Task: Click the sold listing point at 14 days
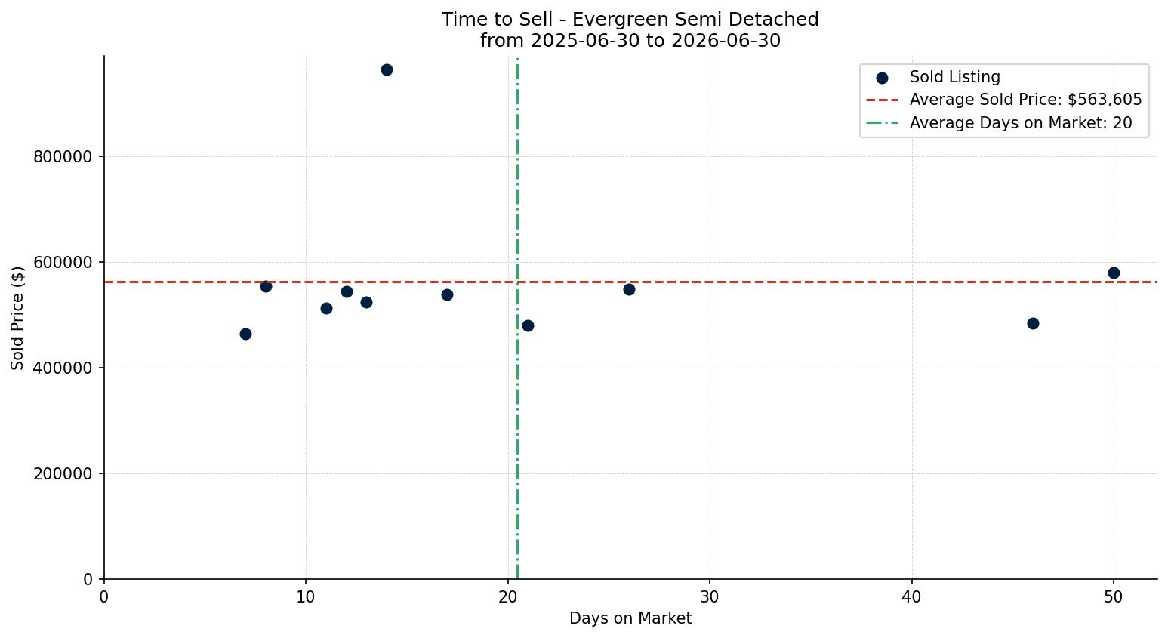[x=387, y=70]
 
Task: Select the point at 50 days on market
[x=1114, y=273]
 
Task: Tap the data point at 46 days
[x=1033, y=324]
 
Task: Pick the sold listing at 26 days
[x=630, y=290]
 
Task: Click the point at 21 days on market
[x=529, y=325]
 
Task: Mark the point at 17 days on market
[x=448, y=295]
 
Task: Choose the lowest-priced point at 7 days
[x=245, y=334]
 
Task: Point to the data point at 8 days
[x=266, y=287]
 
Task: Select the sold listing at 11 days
[x=326, y=309]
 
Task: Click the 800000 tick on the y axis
[x=63, y=157]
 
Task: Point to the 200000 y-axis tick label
[x=63, y=474]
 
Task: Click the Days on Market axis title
[x=630, y=618]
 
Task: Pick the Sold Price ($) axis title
[x=17, y=318]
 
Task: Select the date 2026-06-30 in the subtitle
[x=726, y=41]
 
